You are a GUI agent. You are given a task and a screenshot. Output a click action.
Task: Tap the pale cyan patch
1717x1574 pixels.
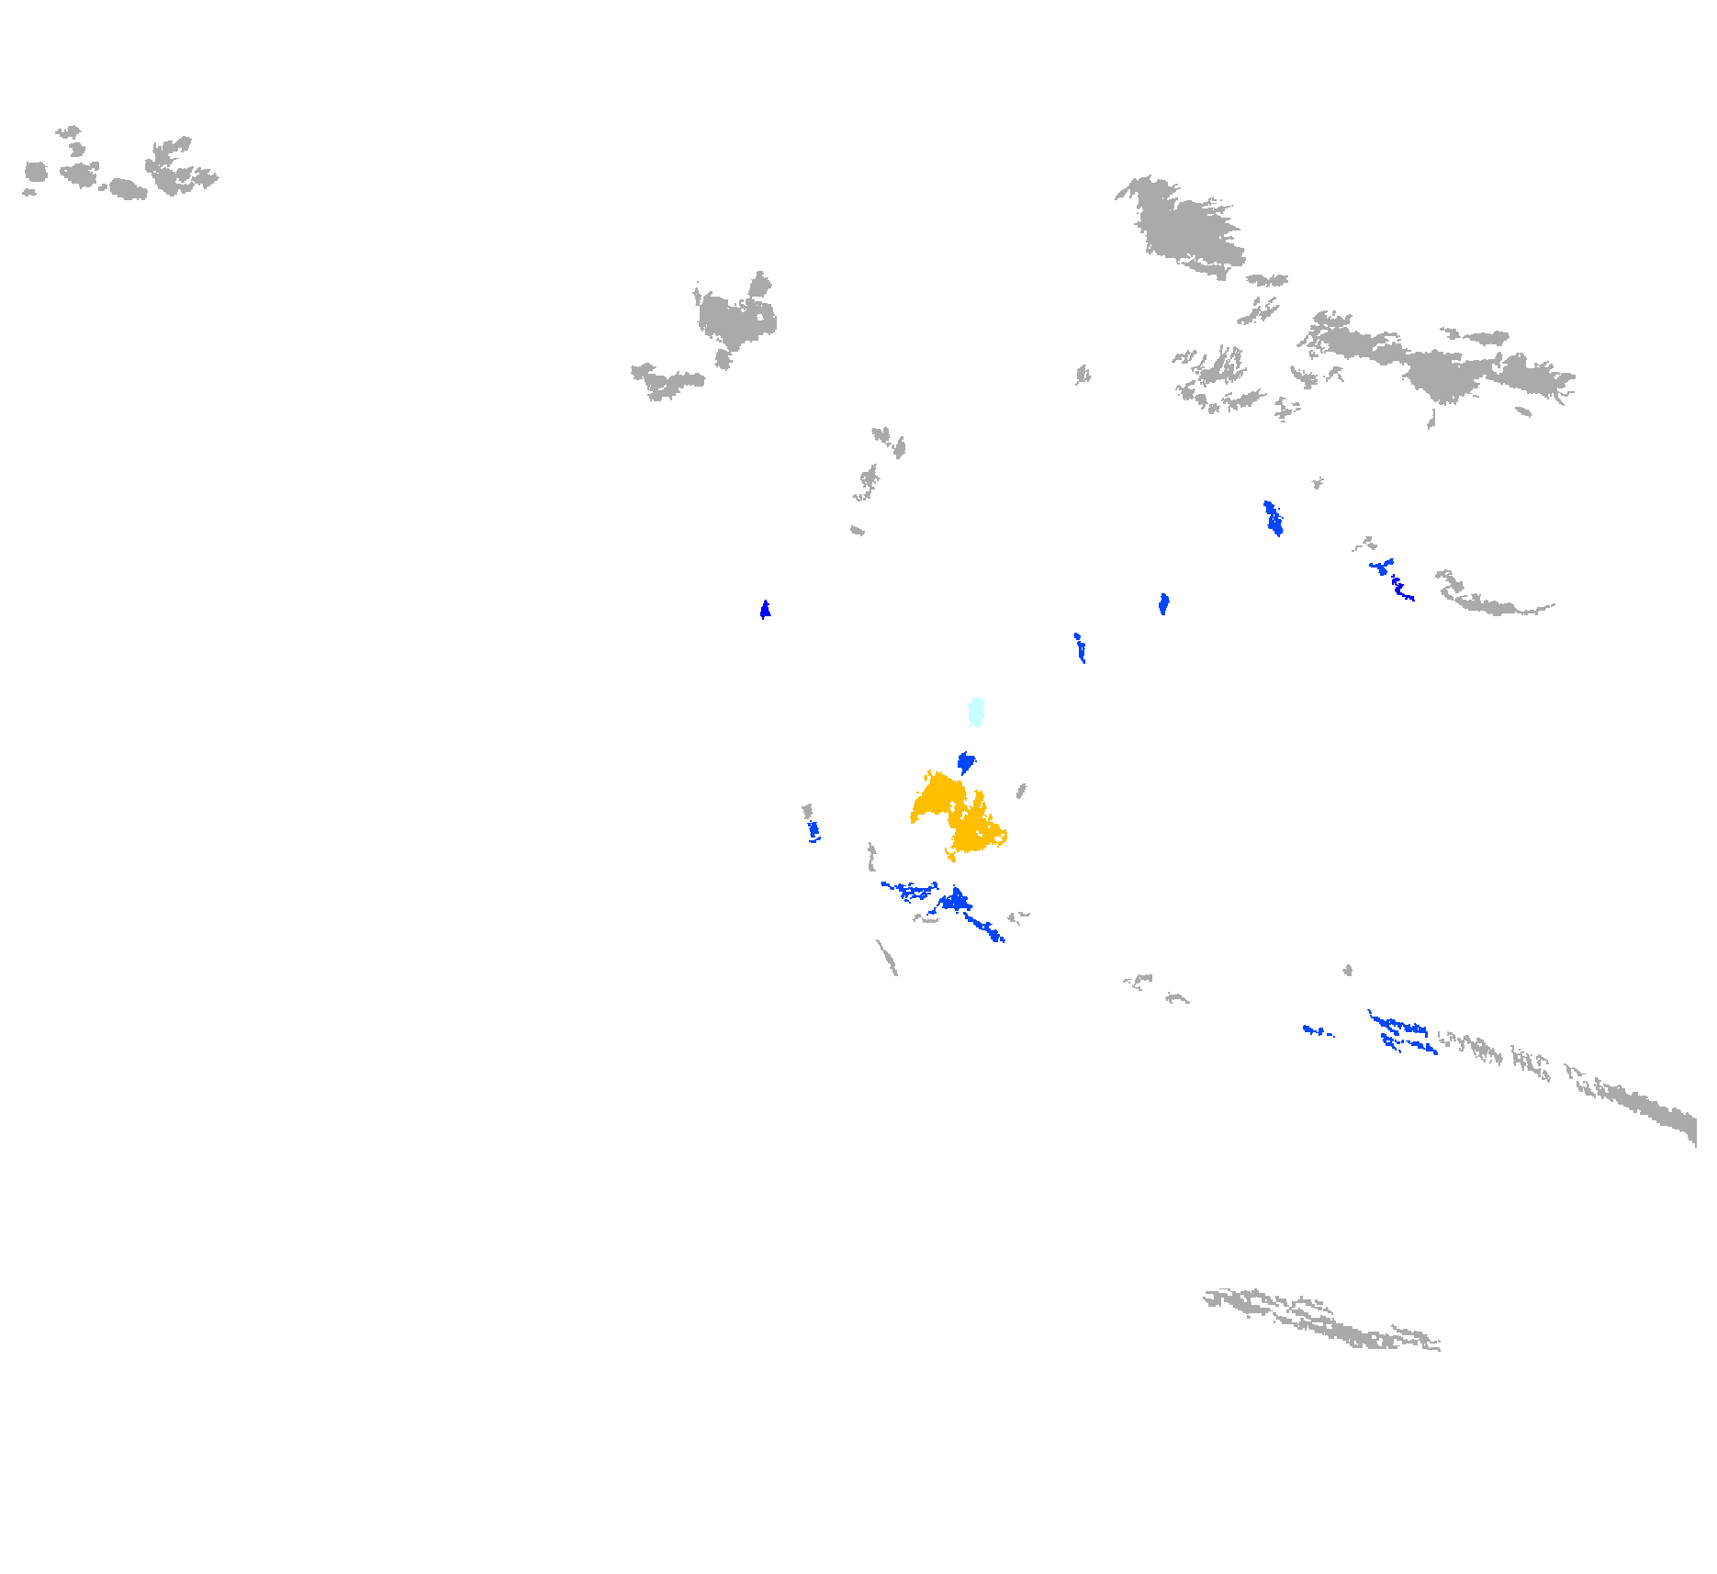pyautogui.click(x=976, y=711)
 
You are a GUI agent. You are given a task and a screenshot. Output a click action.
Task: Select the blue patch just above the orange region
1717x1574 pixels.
pyautogui.click(x=965, y=762)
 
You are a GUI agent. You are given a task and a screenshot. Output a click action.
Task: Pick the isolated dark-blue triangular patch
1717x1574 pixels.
pyautogui.click(x=765, y=610)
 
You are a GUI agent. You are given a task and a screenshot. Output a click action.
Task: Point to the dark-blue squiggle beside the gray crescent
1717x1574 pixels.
pyautogui.click(x=1401, y=589)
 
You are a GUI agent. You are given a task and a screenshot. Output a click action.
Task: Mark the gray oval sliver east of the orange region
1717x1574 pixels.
pyautogui.click(x=1021, y=791)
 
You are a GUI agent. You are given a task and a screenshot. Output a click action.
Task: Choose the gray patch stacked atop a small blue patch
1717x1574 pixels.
pyautogui.click(x=807, y=811)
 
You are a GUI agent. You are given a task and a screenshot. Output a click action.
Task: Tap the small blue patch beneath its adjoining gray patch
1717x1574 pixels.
pyautogui.click(x=814, y=831)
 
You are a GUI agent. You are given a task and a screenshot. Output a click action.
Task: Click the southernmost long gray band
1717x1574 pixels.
pyautogui.click(x=1322, y=1321)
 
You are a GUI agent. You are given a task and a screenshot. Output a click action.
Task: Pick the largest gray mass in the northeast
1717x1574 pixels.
pyautogui.click(x=1184, y=230)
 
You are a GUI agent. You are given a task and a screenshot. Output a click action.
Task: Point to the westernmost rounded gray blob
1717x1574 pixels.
pyautogui.click(x=35, y=172)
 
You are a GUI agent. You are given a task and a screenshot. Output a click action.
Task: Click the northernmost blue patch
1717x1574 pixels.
pyautogui.click(x=1273, y=518)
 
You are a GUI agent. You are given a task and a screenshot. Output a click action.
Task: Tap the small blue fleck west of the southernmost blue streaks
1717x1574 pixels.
pyautogui.click(x=1315, y=1030)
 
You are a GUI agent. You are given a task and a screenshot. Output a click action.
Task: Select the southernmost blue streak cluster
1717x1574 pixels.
pyautogui.click(x=1401, y=1032)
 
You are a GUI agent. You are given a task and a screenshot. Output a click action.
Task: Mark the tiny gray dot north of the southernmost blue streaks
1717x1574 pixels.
pyautogui.click(x=1347, y=970)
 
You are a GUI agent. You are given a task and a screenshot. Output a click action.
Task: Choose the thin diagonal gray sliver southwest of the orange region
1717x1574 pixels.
pyautogui.click(x=887, y=958)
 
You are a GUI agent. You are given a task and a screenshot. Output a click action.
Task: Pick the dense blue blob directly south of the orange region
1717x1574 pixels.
pyautogui.click(x=956, y=900)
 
